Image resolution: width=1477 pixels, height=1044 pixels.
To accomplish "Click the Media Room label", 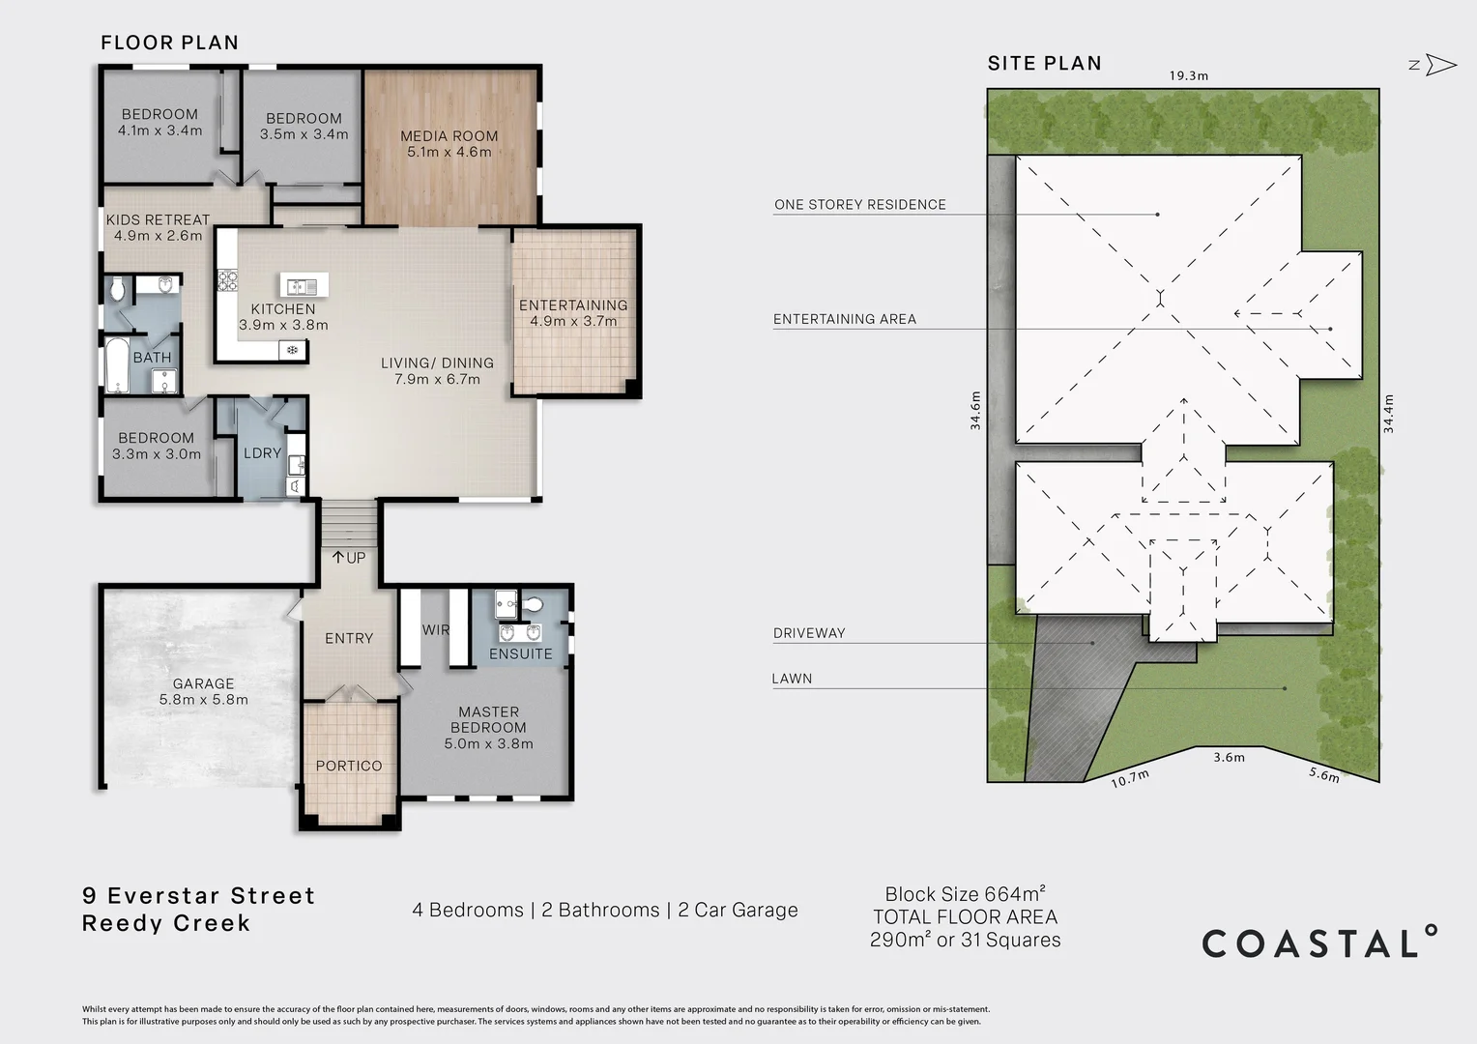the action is (x=449, y=144).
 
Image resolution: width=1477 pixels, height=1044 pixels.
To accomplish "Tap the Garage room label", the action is (x=204, y=692).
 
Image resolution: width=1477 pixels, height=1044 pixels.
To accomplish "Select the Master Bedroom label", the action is (x=488, y=728).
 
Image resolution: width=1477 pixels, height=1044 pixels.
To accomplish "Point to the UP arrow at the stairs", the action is (x=337, y=558).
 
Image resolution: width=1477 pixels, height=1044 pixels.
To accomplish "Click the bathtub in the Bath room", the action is (x=117, y=365).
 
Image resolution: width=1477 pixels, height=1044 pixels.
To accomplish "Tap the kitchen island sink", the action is (x=304, y=285).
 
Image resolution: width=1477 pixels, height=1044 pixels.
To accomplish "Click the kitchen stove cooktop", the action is (x=227, y=281).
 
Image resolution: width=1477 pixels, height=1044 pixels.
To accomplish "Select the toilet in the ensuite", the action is (x=532, y=604).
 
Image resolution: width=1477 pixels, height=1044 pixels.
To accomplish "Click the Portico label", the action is (x=349, y=766).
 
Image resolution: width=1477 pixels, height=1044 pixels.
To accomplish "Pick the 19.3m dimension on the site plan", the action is (x=1189, y=75).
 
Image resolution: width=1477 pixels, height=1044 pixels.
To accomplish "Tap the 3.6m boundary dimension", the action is (x=1230, y=757).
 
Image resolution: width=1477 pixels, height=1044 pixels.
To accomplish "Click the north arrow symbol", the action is (x=1440, y=65).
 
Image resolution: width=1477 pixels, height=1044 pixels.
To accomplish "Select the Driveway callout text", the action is (x=809, y=633).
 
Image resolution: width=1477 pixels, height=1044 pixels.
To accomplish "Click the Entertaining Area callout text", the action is (x=845, y=319).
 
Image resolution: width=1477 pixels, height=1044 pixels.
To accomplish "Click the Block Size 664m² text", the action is (x=966, y=893).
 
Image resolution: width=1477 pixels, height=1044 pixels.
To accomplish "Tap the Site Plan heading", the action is (x=1045, y=63).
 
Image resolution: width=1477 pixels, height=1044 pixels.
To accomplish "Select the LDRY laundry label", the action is (x=262, y=453).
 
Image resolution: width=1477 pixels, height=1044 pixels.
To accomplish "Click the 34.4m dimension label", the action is (x=1388, y=414).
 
